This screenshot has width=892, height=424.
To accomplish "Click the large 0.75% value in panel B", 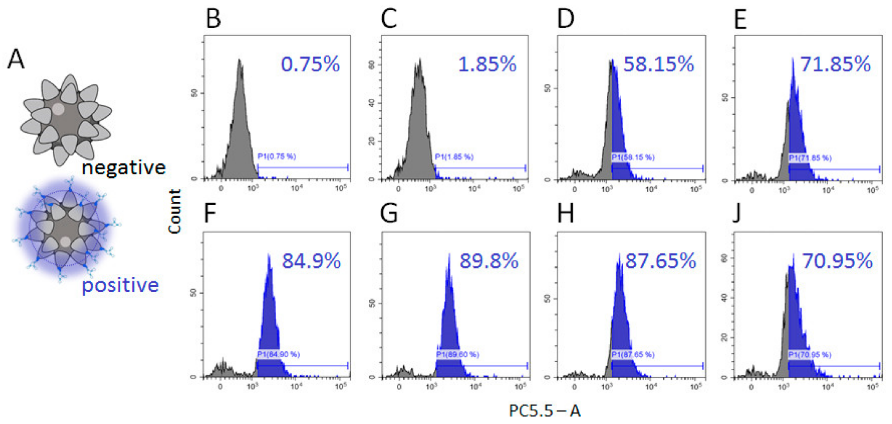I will click(x=310, y=65).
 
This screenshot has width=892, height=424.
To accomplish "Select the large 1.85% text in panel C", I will click(x=487, y=65).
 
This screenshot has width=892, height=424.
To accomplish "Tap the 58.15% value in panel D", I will click(x=658, y=65).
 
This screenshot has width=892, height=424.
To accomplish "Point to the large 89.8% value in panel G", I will click(x=489, y=261).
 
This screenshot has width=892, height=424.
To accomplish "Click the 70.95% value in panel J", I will click(x=837, y=261).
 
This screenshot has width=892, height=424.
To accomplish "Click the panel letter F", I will click(x=211, y=213).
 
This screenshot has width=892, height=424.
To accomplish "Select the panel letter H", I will click(x=565, y=213).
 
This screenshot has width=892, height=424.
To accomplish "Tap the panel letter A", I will click(x=16, y=59).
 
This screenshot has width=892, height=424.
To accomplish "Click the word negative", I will click(x=124, y=168).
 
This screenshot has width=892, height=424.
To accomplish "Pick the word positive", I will click(x=120, y=286).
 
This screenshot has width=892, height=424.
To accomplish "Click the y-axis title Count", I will click(x=175, y=212).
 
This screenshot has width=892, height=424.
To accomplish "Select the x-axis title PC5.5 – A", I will click(x=545, y=411).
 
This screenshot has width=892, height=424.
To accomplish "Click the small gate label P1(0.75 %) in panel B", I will click(x=277, y=157).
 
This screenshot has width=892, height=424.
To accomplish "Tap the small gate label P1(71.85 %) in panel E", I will click(x=810, y=158).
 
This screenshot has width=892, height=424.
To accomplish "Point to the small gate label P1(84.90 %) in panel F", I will click(x=278, y=354).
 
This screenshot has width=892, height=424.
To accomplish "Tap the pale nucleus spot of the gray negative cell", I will click(x=58, y=109).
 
